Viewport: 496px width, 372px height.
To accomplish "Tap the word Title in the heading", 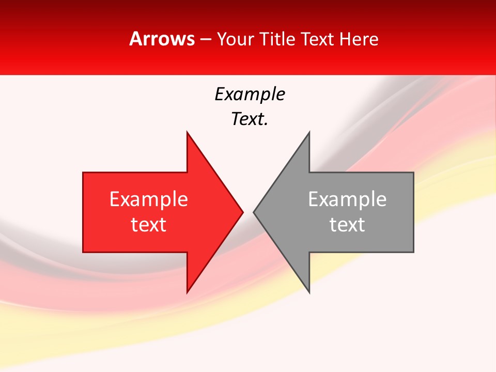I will pyautogui.click(x=278, y=39).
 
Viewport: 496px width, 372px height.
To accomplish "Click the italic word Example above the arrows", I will pyautogui.click(x=250, y=95).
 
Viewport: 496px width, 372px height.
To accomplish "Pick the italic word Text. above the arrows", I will pyautogui.click(x=250, y=119).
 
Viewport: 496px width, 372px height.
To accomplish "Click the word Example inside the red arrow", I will pyautogui.click(x=149, y=199).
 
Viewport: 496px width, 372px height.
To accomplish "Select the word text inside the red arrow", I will pyautogui.click(x=149, y=225).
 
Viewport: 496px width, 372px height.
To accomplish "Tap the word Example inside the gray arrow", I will pyautogui.click(x=347, y=199).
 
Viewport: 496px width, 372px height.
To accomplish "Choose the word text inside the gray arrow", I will pyautogui.click(x=347, y=225).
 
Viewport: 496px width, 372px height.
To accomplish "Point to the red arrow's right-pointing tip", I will pyautogui.click(x=242, y=212).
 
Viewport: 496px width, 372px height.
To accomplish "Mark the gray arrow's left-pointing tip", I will pyautogui.click(x=254, y=212).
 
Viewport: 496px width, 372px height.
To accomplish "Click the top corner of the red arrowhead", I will pyautogui.click(x=187, y=132).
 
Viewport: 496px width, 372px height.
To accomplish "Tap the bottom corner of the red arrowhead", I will pyautogui.click(x=187, y=292).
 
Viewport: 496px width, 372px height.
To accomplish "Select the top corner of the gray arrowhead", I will pyautogui.click(x=309, y=132).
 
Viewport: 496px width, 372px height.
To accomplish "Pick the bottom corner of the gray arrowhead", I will pyautogui.click(x=309, y=292).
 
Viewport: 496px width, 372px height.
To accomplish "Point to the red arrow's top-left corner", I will pyautogui.click(x=83, y=173).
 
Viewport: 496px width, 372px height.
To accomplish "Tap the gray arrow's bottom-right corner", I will pyautogui.click(x=413, y=252).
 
